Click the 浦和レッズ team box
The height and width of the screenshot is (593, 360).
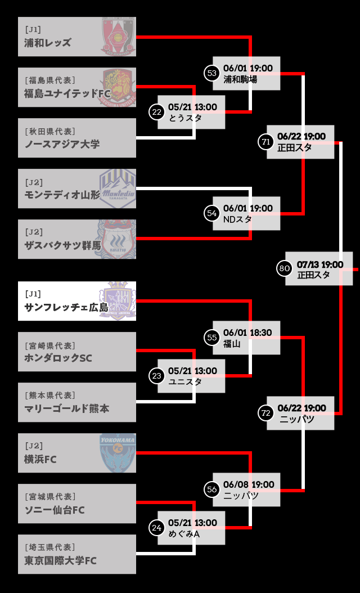[x=77, y=37]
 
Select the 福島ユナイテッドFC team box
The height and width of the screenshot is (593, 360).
[x=77, y=87]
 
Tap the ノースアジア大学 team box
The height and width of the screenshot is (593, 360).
[x=77, y=138]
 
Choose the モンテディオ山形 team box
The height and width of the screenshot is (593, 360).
[x=77, y=188]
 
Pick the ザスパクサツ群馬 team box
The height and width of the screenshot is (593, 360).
[x=77, y=239]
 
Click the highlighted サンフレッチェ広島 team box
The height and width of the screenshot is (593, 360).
[x=77, y=301]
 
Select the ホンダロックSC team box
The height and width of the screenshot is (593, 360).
[x=77, y=352]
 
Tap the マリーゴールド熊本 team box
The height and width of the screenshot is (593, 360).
[x=77, y=402]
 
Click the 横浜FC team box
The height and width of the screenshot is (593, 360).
[x=77, y=453]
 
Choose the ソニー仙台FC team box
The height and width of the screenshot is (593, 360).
[x=77, y=504]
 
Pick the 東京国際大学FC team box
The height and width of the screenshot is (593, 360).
[x=77, y=554]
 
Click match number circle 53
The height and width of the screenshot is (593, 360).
[x=211, y=73]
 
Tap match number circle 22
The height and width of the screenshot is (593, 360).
[x=156, y=112]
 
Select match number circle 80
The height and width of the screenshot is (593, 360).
[x=284, y=269]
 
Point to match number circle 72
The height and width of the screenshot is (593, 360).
[x=265, y=413]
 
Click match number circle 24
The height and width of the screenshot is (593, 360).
[x=156, y=528]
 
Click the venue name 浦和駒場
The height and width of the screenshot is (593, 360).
[x=240, y=79]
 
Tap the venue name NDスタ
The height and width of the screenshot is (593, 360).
[x=237, y=219]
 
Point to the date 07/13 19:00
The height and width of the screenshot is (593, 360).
[x=320, y=264]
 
